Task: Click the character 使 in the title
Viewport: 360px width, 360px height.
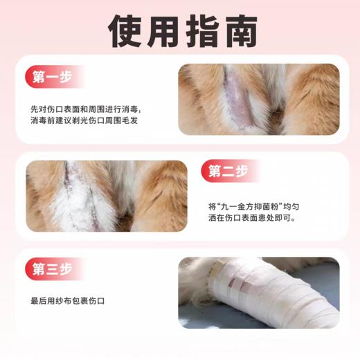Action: click(129, 30)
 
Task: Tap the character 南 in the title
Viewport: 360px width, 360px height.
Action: click(232, 30)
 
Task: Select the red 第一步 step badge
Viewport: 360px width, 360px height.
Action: click(53, 77)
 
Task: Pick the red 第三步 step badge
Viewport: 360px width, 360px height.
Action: click(53, 269)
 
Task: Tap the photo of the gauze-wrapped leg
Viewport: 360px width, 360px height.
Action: click(258, 292)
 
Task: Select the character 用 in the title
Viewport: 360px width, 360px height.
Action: click(163, 30)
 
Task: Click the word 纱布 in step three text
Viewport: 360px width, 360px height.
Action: click(72, 301)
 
